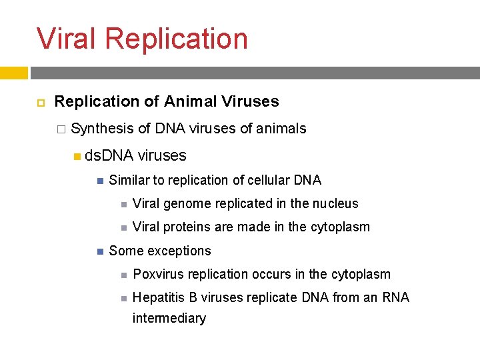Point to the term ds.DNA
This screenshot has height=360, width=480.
click(x=109, y=156)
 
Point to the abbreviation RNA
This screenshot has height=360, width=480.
click(x=395, y=298)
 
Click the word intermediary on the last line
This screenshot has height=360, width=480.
click(x=169, y=319)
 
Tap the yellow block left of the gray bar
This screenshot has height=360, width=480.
click(x=13, y=73)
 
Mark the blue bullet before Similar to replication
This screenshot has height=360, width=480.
click(x=98, y=181)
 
